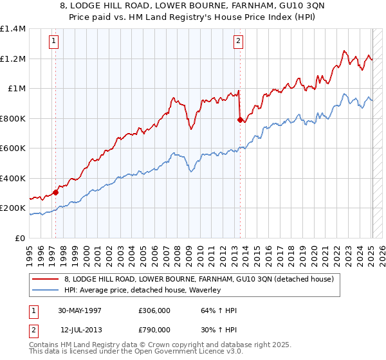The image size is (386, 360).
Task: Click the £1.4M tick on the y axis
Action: tap(14, 29)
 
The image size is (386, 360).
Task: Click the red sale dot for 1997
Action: tap(56, 192)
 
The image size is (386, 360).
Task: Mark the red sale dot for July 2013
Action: tap(240, 120)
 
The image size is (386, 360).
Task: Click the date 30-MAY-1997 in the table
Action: tap(80, 310)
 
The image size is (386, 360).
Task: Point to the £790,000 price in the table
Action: tap(154, 329)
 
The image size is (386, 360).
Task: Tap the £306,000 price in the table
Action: tap(154, 310)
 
